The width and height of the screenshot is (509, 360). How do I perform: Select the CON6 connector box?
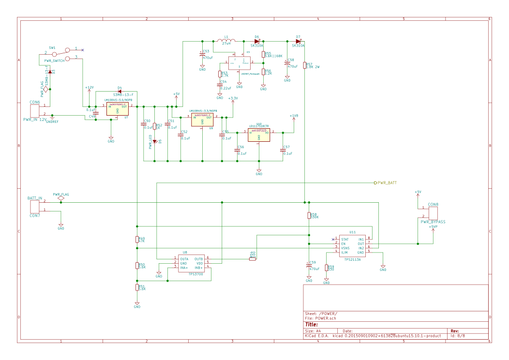click(x=37, y=109)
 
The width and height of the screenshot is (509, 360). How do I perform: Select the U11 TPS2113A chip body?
click(x=352, y=246)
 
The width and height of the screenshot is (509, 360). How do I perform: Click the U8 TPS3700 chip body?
click(x=192, y=264)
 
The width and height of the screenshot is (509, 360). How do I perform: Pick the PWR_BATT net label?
click(x=386, y=183)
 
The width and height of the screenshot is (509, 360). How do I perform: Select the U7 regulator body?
click(x=117, y=109)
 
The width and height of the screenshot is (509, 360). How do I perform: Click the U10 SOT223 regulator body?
click(x=259, y=135)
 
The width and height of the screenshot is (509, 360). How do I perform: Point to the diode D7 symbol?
click(x=298, y=41)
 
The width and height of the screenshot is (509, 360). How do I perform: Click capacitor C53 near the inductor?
click(x=202, y=54)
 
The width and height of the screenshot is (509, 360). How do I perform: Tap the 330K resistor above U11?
click(x=309, y=216)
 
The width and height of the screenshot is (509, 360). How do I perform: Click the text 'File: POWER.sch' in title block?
click(x=320, y=318)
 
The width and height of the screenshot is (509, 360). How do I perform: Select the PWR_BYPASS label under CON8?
click(x=433, y=222)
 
